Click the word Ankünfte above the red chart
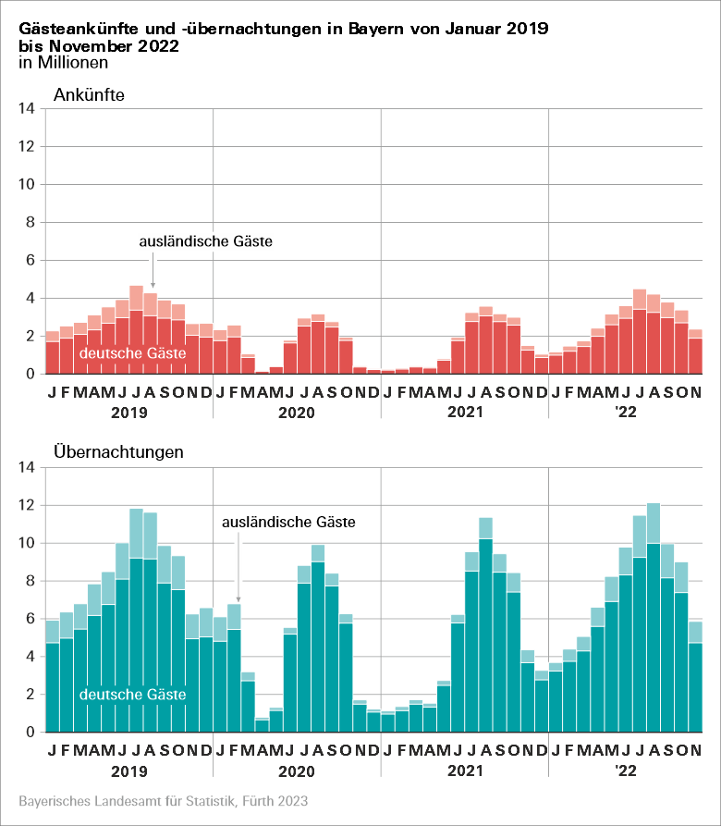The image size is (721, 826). click(90, 95)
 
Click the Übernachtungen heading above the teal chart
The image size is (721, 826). click(119, 452)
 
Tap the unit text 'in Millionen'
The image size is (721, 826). click(63, 64)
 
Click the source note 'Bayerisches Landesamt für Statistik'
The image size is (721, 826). click(163, 801)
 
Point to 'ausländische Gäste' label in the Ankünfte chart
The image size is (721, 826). click(206, 242)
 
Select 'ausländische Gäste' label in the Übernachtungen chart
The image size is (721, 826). click(288, 523)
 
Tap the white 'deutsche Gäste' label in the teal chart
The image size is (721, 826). click(133, 695)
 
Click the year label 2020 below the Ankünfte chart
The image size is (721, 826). click(297, 413)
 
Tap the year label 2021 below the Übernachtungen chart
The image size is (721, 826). click(465, 771)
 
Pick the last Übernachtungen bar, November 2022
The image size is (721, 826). click(695, 676)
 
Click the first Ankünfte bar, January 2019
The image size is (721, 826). click(52, 352)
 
